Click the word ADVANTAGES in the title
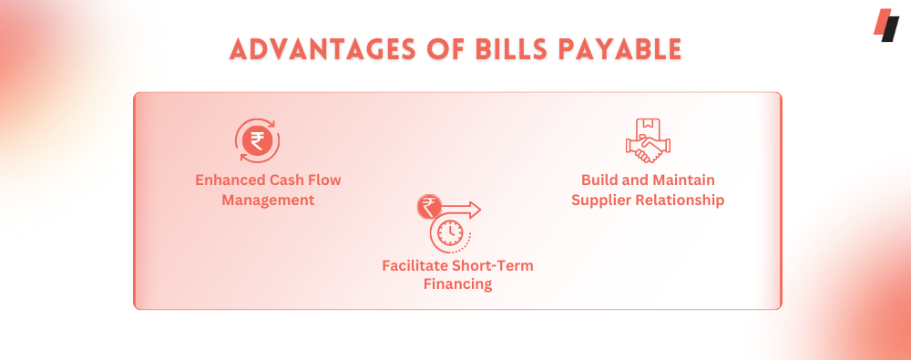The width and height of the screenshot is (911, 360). click(323, 50)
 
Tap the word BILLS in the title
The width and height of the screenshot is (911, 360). click(512, 50)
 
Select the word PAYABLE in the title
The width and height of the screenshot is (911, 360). click(619, 50)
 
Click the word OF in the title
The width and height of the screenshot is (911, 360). click(446, 50)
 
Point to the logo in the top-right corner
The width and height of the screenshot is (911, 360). click(886, 25)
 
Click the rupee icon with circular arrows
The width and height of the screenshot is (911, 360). click(257, 140)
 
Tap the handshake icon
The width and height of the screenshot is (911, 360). click(648, 149)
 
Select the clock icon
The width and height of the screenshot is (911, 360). click(448, 233)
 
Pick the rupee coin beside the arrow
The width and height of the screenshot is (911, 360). click(429, 207)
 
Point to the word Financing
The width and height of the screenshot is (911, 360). click(458, 285)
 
